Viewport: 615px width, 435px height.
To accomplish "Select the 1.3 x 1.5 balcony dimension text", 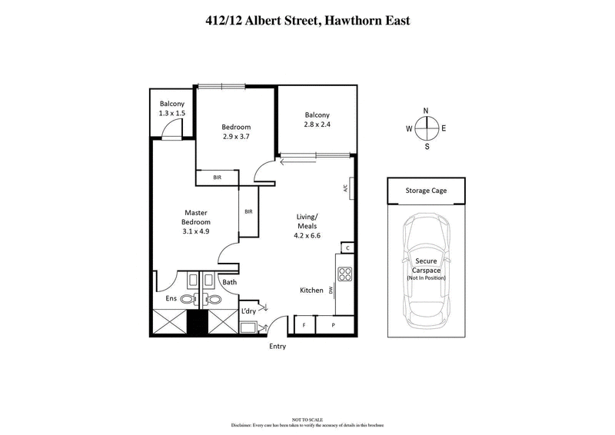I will click(x=171, y=114).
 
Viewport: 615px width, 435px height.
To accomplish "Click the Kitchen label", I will click(x=311, y=290).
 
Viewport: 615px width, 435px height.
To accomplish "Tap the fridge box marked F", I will click(x=304, y=326).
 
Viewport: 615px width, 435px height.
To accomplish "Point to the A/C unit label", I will click(x=347, y=187).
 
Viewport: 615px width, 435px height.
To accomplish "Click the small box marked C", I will click(x=347, y=247).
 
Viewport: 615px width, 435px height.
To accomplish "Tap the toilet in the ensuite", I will click(x=187, y=299).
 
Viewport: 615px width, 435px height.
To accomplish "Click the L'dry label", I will click(x=248, y=310).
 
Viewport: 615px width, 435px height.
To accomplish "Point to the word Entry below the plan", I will click(x=278, y=346).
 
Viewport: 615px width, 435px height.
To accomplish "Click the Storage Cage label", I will click(x=426, y=191).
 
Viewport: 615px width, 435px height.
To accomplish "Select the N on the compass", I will click(x=427, y=111).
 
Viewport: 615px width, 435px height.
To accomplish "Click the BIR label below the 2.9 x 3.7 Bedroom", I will click(x=218, y=178).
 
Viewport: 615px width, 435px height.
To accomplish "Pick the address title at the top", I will click(x=307, y=21).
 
